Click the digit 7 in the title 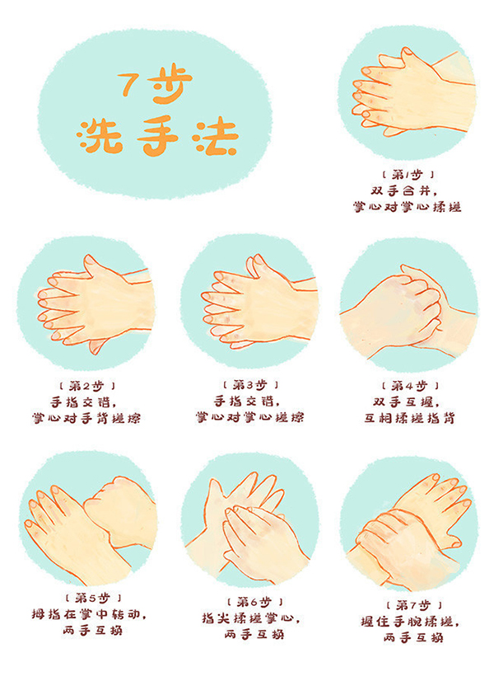128,84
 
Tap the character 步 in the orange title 170,84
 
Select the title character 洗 100,136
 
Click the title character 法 217,136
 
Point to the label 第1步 408,175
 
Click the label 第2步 87,386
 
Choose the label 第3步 250,385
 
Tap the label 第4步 410,386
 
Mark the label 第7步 414,605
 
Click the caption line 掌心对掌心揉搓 407,206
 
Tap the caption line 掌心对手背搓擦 86,418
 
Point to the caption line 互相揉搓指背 410,418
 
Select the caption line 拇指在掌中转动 89,614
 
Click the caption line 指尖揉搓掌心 250,618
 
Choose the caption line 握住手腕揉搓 410,621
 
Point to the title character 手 158,137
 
